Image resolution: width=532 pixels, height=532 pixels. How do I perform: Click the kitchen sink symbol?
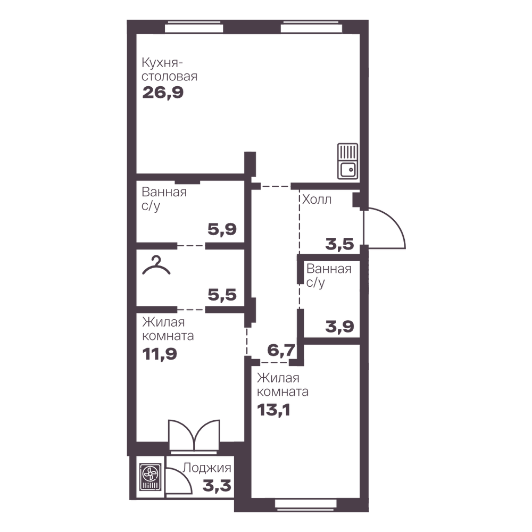(x=347, y=161)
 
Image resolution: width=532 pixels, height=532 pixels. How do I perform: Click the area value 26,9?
(x=163, y=92)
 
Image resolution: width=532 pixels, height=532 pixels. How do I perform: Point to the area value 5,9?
(x=222, y=230)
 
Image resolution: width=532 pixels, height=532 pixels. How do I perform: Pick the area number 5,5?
(x=222, y=295)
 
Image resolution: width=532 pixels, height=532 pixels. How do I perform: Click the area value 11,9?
(x=160, y=354)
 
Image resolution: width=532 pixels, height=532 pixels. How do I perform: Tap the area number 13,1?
(x=273, y=410)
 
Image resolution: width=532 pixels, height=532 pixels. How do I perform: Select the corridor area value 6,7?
(x=281, y=350)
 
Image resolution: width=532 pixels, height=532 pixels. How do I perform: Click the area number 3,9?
(x=339, y=327)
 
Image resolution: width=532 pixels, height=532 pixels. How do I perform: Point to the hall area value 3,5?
(x=339, y=244)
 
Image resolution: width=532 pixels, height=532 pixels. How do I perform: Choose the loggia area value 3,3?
(x=217, y=486)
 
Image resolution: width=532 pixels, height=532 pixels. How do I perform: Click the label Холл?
(x=317, y=199)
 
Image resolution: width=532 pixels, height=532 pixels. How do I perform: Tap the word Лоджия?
(x=207, y=468)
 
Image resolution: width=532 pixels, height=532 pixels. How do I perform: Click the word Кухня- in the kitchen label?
(x=162, y=63)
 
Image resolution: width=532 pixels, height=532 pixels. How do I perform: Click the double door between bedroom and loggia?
(x=194, y=435)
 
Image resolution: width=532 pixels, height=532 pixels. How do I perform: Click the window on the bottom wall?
(x=306, y=503)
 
